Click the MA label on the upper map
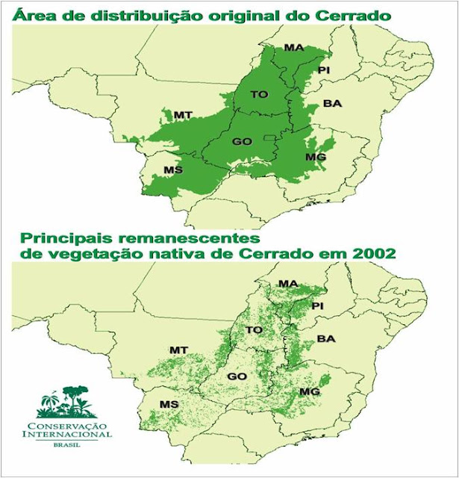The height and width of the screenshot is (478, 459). pyautogui.click(x=293, y=48)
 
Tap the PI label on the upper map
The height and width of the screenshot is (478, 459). pyautogui.click(x=323, y=69)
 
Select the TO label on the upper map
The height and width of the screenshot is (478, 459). pyautogui.click(x=259, y=94)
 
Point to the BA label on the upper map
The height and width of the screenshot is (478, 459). pyautogui.click(x=332, y=104)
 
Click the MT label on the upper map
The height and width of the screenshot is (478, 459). pyautogui.click(x=184, y=115)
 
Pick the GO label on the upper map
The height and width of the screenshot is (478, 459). pyautogui.click(x=241, y=141)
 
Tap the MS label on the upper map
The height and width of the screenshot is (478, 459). pyautogui.click(x=173, y=170)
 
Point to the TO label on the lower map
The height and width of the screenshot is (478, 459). pyautogui.click(x=255, y=329)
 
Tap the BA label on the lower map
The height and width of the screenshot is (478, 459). pyautogui.click(x=326, y=339)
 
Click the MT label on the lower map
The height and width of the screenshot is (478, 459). pyautogui.click(x=178, y=350)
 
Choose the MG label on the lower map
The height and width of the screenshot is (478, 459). pyautogui.click(x=309, y=392)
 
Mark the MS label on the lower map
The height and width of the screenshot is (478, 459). pyautogui.click(x=169, y=404)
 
